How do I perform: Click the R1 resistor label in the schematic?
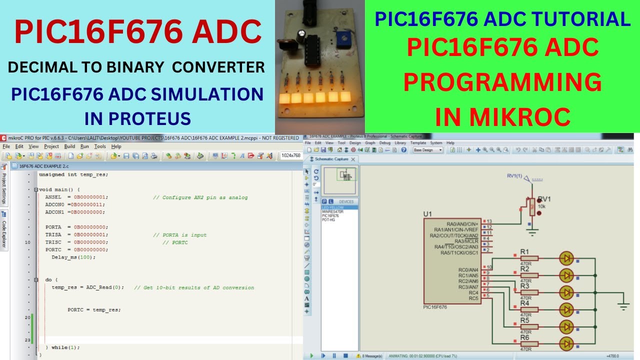coord(524,251)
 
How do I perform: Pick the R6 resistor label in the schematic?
coord(524,338)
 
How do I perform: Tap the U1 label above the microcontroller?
coord(427,214)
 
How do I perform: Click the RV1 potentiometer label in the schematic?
coord(544,199)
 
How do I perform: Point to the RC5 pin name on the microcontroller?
coord(473,298)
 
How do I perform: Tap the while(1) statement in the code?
coord(65,347)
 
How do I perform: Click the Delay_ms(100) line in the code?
coord(73,257)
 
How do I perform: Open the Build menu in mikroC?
coord(69,146)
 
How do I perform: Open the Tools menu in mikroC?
coord(100,146)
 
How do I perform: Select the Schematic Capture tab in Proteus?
coord(331,159)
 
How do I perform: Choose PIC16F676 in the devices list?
coord(330,215)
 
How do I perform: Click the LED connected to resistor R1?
coord(566,258)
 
